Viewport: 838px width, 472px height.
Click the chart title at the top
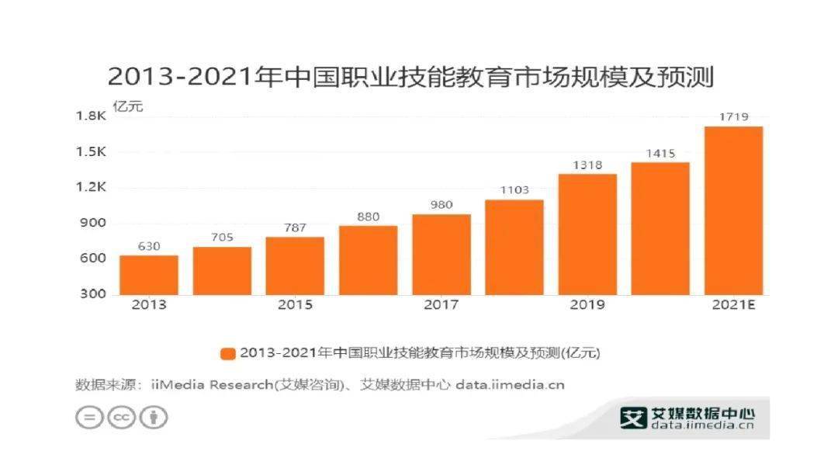click(x=410, y=78)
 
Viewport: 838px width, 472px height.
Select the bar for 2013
click(x=149, y=275)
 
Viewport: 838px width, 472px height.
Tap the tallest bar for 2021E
click(x=733, y=210)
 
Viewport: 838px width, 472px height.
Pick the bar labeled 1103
click(x=514, y=247)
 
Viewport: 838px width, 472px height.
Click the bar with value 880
click(x=368, y=260)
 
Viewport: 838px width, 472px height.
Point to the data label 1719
click(x=733, y=117)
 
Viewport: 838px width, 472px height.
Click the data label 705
click(x=222, y=238)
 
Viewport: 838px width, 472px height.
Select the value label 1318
click(x=587, y=165)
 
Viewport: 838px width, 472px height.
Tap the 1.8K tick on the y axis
click(x=91, y=116)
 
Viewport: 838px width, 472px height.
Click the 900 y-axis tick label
click(x=94, y=224)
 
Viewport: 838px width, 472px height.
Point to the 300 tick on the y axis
click(x=94, y=294)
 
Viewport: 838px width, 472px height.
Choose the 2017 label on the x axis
click(x=441, y=305)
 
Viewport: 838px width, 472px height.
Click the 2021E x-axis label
click(x=733, y=305)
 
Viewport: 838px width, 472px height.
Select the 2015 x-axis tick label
click(x=295, y=305)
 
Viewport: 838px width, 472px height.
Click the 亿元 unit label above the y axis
click(x=128, y=106)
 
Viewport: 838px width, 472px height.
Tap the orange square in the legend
click(x=227, y=353)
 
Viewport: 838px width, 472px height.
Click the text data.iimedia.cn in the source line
click(x=510, y=384)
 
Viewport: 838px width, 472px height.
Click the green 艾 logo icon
click(x=633, y=418)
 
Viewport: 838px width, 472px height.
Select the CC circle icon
click(x=121, y=417)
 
